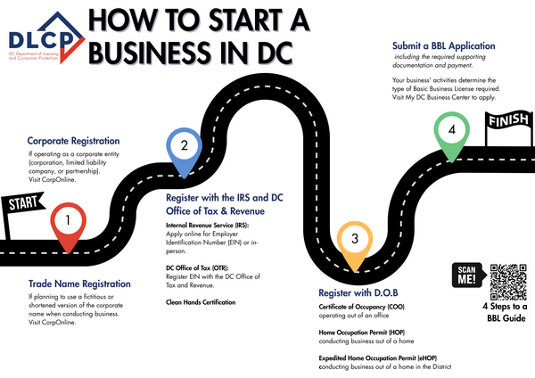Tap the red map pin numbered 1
[x=70, y=224]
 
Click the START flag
[x=21, y=204]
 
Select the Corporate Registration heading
[x=74, y=141]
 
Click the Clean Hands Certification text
[x=201, y=302]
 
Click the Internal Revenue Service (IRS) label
[x=210, y=226]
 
